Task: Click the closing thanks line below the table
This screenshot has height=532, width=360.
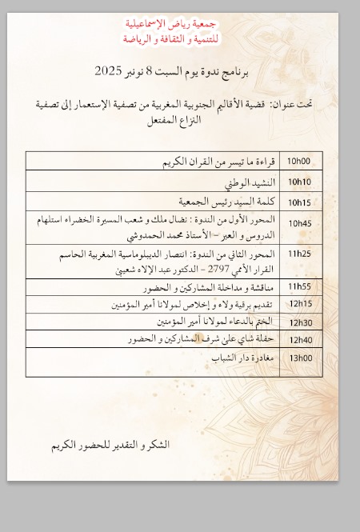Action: [x=110, y=444]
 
